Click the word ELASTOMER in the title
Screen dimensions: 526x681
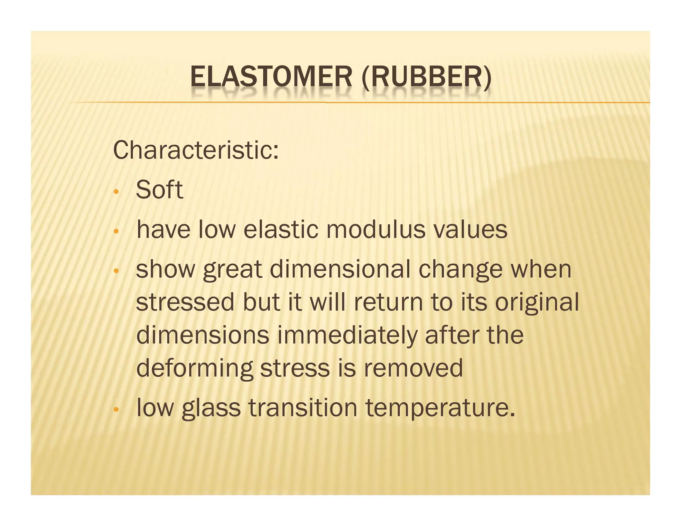click(271, 77)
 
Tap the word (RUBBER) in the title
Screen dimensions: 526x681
click(426, 77)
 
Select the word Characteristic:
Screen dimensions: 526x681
click(196, 150)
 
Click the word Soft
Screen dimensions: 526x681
click(159, 190)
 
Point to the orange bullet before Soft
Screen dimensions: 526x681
click(116, 192)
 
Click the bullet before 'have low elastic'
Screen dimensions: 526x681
click(116, 231)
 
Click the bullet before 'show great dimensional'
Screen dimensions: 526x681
click(116, 271)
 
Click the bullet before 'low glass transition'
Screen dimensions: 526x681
click(116, 410)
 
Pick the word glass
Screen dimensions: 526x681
click(211, 409)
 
